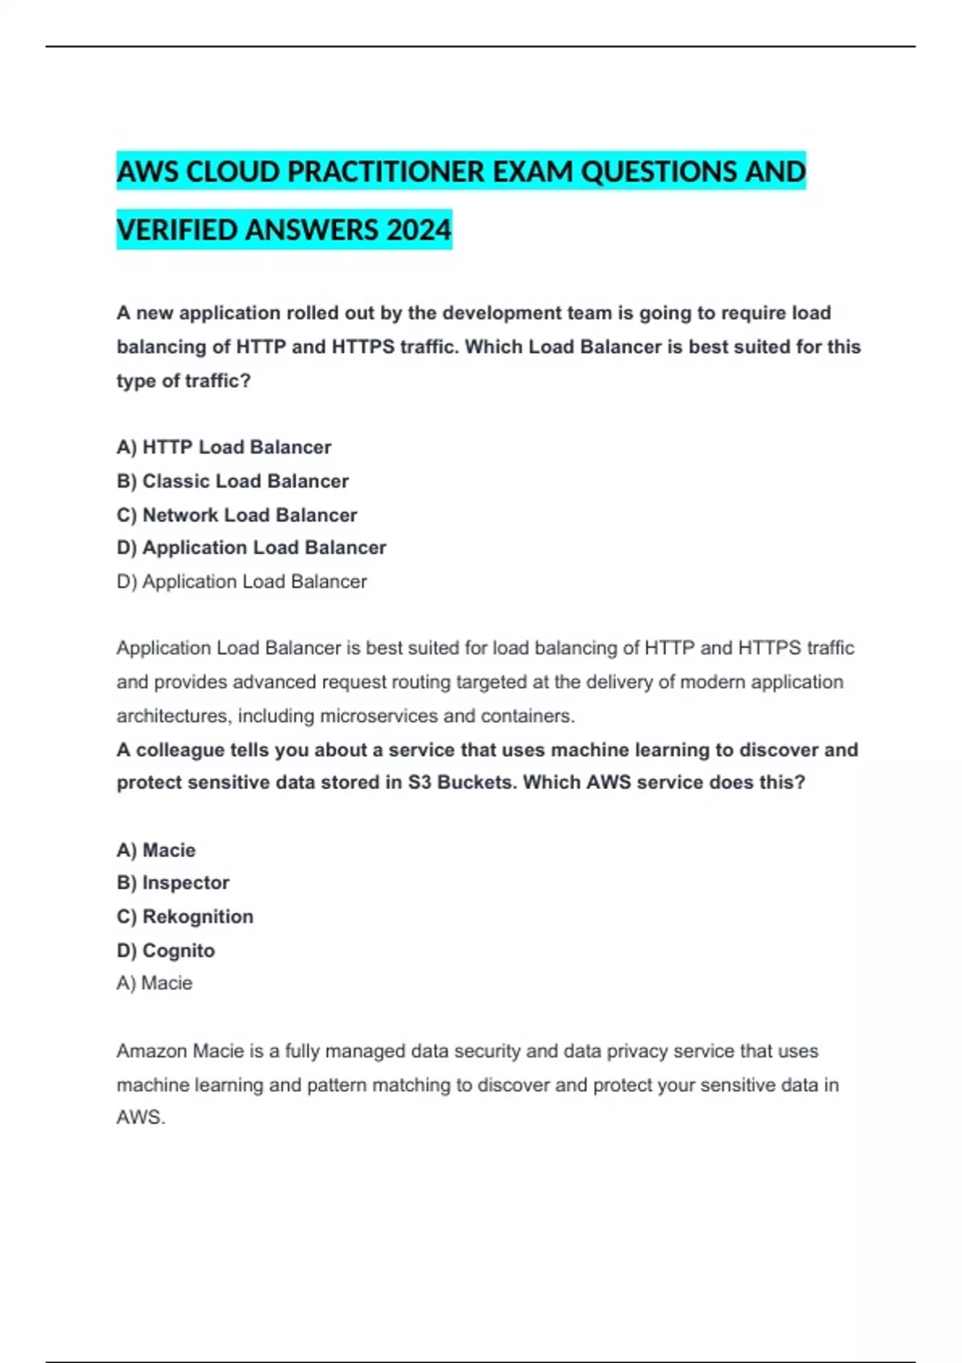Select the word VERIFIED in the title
point(176,230)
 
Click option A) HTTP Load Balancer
point(224,447)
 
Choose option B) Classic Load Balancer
point(232,481)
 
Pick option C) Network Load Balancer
point(236,515)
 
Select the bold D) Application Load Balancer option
point(251,548)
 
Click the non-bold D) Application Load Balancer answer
point(241,581)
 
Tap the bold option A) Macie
point(156,850)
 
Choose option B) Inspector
point(172,883)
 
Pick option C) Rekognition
point(184,916)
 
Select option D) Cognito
point(165,950)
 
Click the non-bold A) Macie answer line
point(154,983)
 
